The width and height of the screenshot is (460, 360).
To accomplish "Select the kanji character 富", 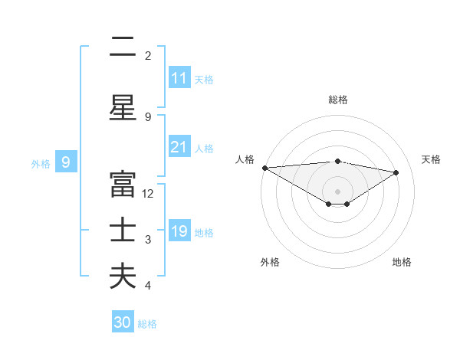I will (123, 185).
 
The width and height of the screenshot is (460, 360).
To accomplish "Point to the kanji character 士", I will (123, 231).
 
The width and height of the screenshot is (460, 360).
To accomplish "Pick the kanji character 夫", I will (123, 277).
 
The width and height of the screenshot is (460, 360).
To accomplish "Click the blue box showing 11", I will (179, 78).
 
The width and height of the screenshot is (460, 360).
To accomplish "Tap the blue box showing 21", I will (179, 147).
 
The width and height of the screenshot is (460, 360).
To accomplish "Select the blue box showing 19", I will (179, 231).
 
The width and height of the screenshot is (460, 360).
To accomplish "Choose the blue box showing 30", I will (123, 322).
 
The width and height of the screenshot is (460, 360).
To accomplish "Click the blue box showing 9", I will (66, 162).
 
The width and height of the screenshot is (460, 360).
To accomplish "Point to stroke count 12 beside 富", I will (148, 194).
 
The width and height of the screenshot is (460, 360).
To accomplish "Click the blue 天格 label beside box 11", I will (204, 79).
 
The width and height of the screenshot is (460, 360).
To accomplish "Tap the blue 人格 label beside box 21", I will (204, 148).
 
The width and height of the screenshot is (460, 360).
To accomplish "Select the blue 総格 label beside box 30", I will (147, 324).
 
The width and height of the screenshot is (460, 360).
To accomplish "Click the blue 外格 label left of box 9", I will (41, 163).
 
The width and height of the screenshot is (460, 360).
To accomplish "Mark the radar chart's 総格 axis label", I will (337, 100).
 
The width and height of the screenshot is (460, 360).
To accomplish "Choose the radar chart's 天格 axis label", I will (432, 159).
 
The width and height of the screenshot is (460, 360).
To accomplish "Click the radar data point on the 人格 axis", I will (264, 168).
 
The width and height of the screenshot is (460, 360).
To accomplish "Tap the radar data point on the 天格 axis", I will (396, 172).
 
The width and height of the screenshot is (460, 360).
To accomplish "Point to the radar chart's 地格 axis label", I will (402, 262).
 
